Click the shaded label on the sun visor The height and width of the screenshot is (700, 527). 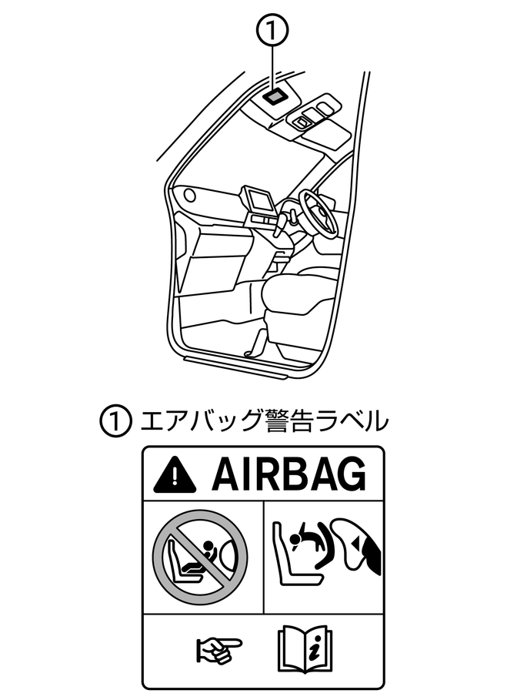(274, 95)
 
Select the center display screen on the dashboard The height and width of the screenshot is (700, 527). (259, 200)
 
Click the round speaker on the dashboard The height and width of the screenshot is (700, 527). (189, 195)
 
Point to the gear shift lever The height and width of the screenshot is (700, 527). (282, 223)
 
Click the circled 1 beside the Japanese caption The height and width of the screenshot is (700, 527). (115, 421)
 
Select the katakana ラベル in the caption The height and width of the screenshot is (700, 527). (355, 421)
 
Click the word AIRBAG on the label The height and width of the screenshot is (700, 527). (289, 474)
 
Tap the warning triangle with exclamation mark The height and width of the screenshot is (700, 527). (175, 474)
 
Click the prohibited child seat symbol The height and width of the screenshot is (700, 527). (200, 558)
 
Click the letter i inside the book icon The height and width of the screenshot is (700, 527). (316, 648)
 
